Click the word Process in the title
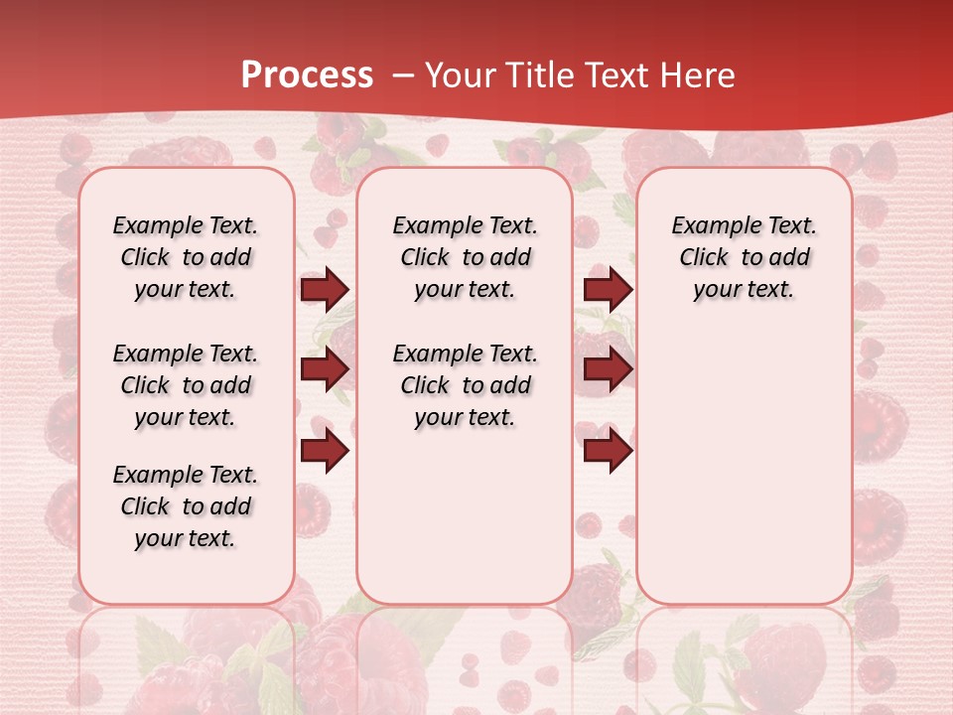[x=307, y=75]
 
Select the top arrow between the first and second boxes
[x=325, y=289]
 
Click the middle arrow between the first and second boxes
[x=325, y=369]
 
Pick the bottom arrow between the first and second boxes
[x=325, y=451]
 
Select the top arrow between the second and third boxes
[x=608, y=289]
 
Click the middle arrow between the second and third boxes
[x=608, y=369]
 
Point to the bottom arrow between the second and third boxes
[x=608, y=451]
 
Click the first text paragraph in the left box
[x=186, y=257]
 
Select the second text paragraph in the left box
[x=186, y=385]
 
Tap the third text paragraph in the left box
[x=186, y=506]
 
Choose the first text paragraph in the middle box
[x=465, y=257]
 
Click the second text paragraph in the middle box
[x=465, y=385]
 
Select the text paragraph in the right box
[x=744, y=257]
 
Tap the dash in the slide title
[x=403, y=75]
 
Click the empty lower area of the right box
[x=744, y=477]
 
